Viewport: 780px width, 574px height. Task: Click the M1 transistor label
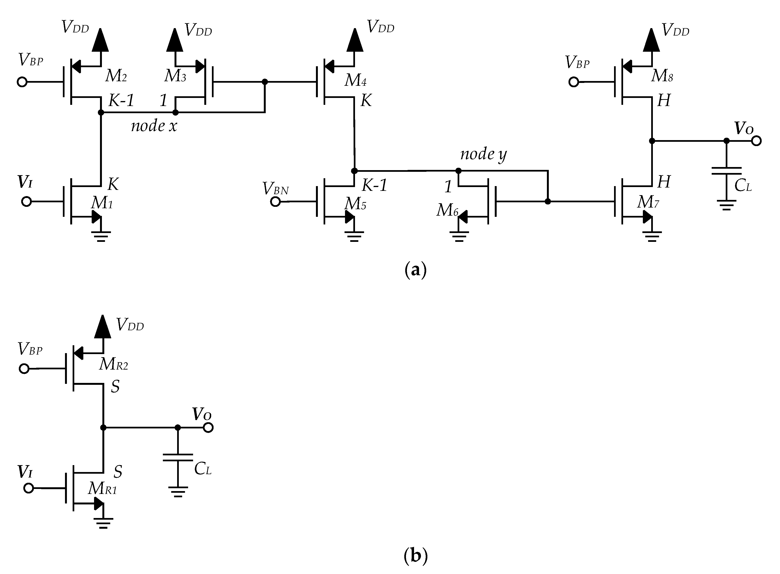[x=102, y=203]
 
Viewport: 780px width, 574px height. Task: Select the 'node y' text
[x=483, y=154]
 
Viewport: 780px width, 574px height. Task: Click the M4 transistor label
[x=355, y=80]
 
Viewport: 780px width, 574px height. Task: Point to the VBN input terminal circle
[x=275, y=202]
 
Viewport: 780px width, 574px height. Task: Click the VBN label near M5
[x=276, y=189]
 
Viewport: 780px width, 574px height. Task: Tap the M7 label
[x=648, y=202]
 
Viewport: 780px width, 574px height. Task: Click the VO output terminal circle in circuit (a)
[x=756, y=141]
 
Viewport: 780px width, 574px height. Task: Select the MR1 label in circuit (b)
[x=102, y=488]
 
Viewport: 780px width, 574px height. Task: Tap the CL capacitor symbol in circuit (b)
[x=178, y=457]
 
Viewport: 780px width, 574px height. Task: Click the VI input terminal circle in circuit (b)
[x=29, y=488]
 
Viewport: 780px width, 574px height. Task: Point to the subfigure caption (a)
[x=415, y=270]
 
